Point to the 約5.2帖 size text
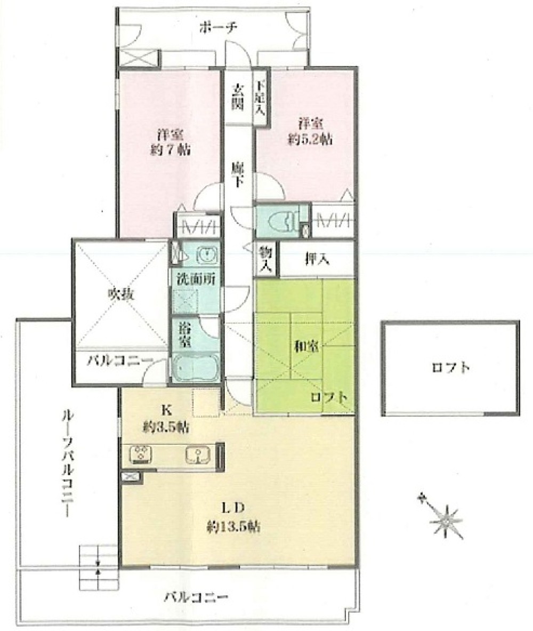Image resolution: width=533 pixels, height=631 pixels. click(x=316, y=140)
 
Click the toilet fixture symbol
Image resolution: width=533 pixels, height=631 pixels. click(x=280, y=220)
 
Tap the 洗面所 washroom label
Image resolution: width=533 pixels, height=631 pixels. click(x=196, y=278)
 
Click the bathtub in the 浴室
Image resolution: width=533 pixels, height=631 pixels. click(x=195, y=368)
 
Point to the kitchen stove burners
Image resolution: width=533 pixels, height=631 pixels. click(x=141, y=454)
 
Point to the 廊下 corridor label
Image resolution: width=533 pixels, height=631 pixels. click(x=238, y=174)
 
